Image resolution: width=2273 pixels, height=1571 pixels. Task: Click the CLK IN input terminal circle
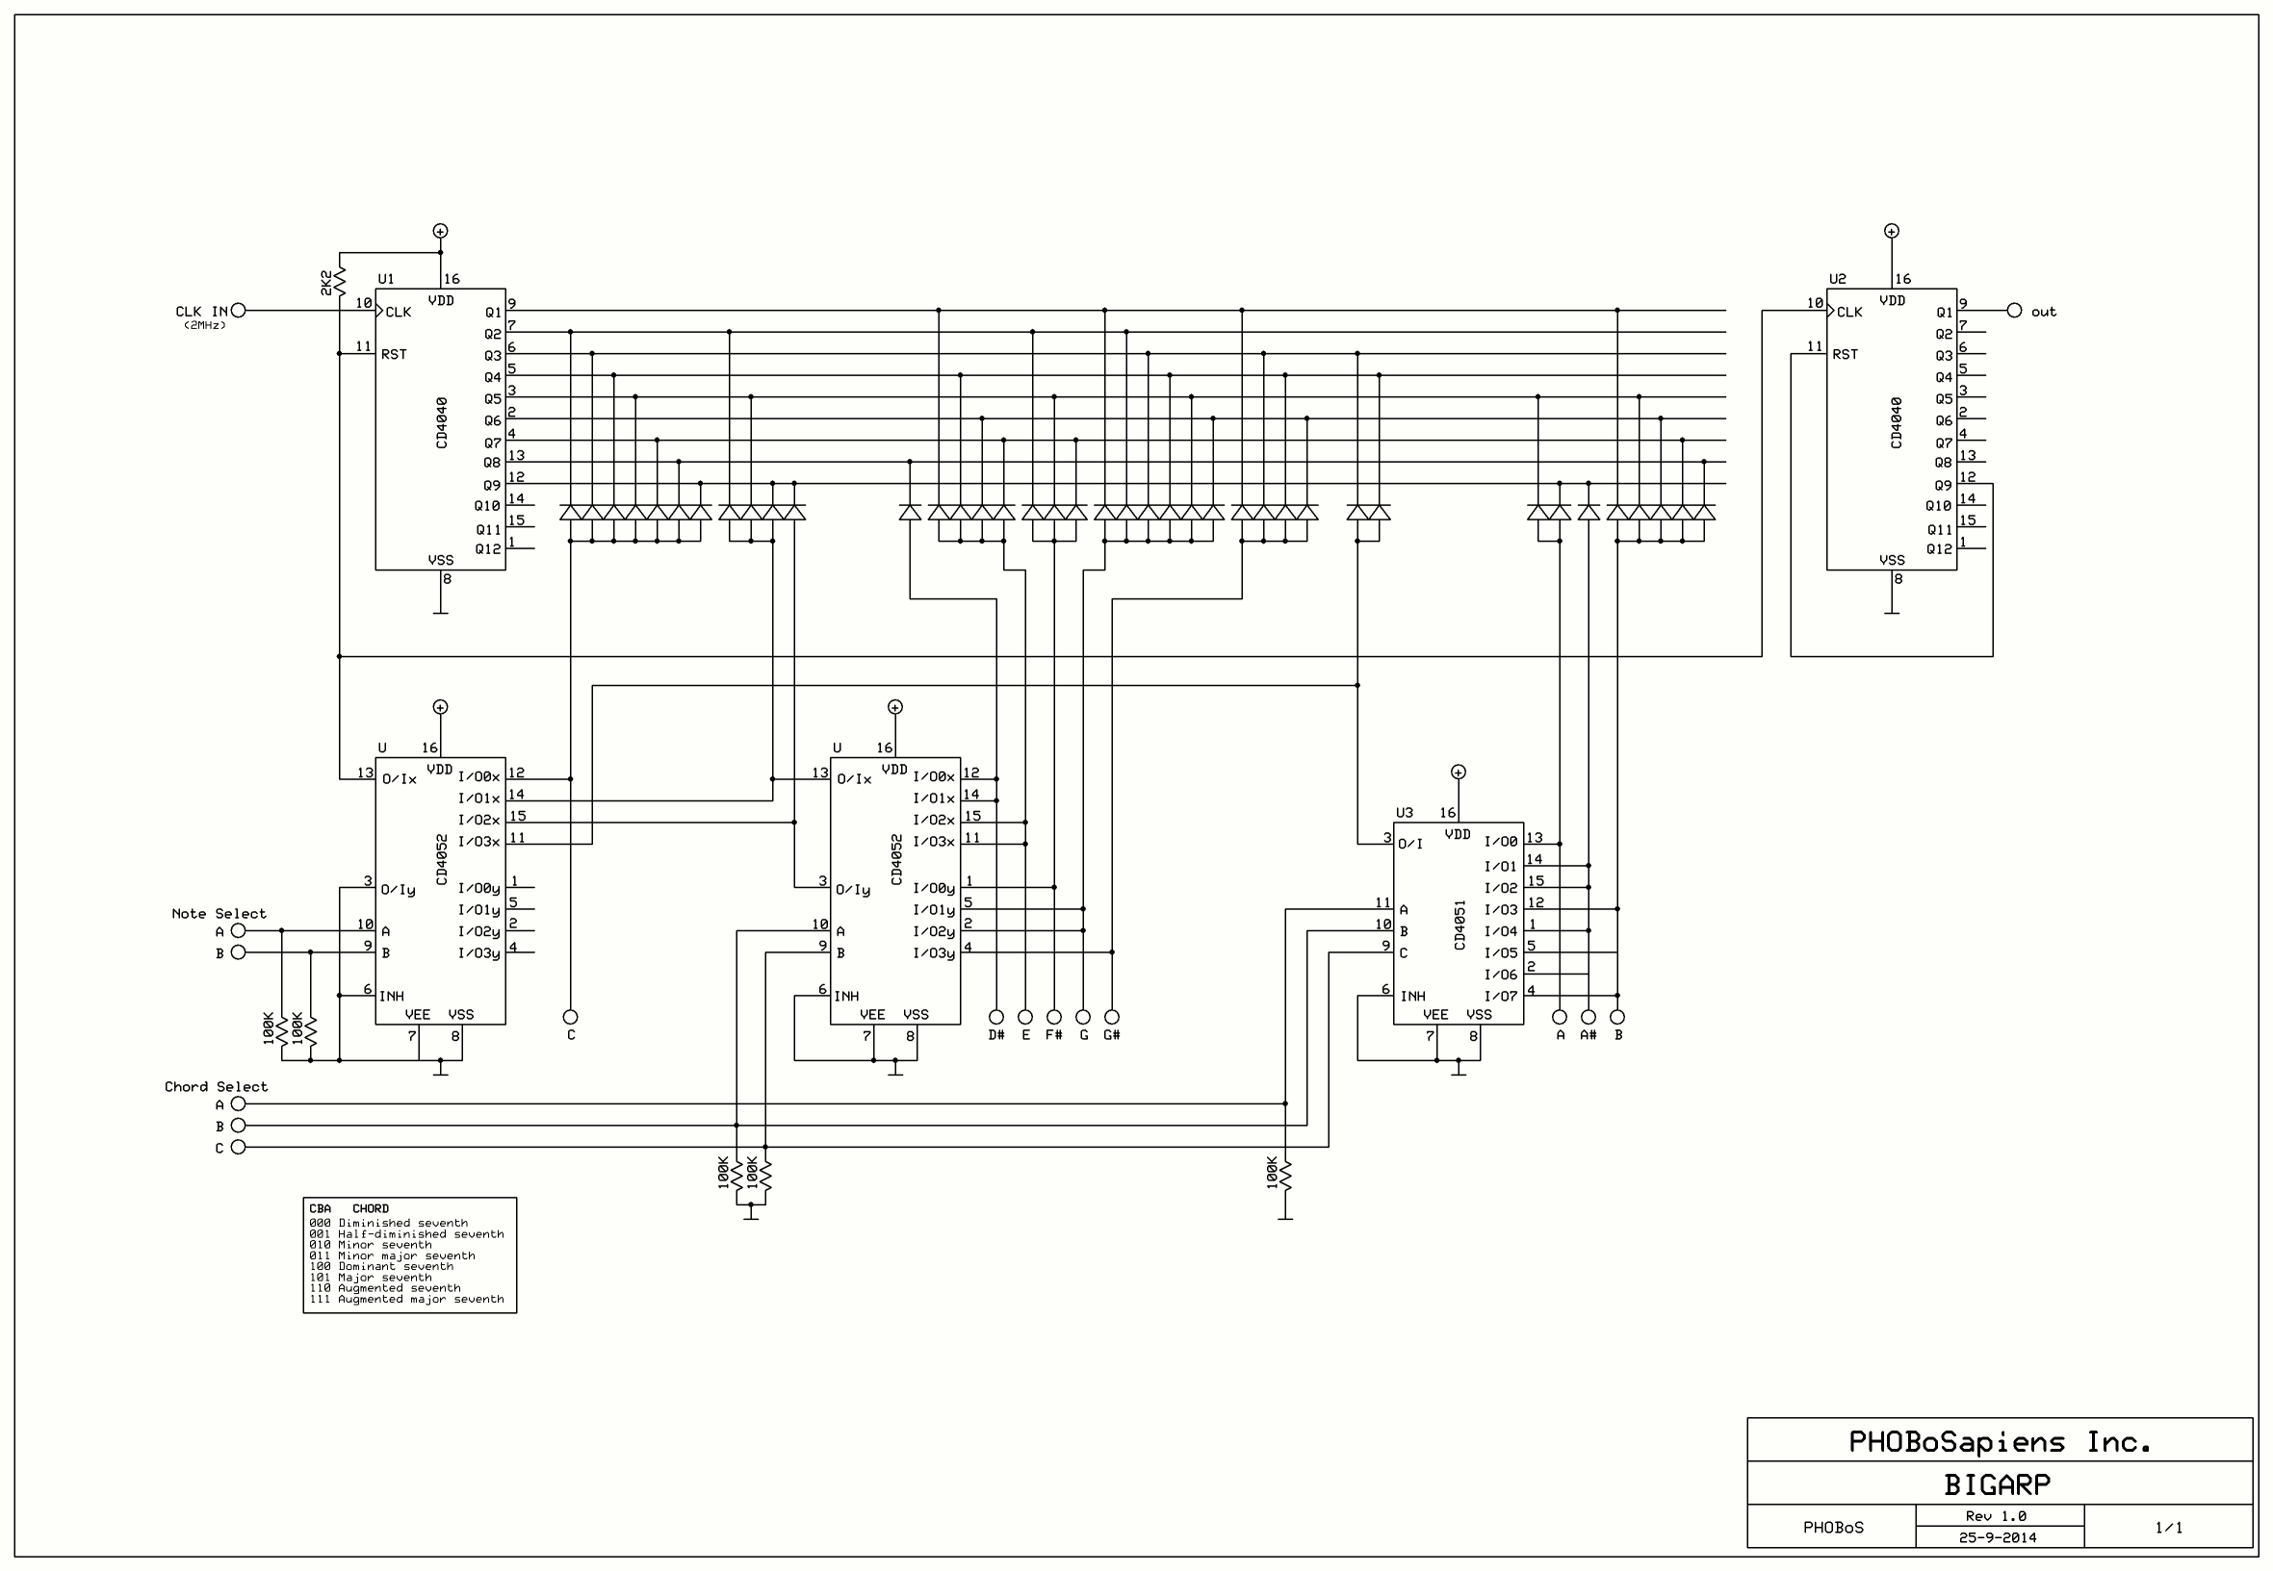tap(239, 310)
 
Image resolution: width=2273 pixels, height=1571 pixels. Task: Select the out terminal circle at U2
tap(2014, 310)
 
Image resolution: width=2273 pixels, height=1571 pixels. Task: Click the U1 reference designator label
tap(386, 279)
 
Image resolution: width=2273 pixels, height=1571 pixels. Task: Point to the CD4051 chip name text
tap(1459, 925)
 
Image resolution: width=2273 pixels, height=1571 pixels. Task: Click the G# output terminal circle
tap(1112, 1016)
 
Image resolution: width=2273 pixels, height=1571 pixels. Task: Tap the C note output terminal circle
tap(570, 1016)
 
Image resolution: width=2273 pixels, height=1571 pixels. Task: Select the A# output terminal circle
tap(1589, 1016)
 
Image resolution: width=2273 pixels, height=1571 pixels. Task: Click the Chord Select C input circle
tap(239, 1147)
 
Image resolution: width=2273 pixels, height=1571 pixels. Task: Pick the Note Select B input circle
tap(239, 951)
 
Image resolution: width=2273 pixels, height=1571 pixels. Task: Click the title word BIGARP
tap(1998, 1483)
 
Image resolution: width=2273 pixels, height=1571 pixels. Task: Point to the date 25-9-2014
tap(1998, 1536)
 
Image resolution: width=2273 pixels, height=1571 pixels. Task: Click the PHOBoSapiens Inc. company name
tap(2000, 1442)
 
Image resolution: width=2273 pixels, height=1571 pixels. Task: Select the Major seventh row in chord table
tap(371, 1277)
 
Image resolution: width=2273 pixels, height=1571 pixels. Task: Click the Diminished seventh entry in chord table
tap(388, 1223)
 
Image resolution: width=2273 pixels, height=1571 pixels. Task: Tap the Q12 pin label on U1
tap(488, 549)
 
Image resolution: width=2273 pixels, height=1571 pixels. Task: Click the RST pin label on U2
tap(1845, 353)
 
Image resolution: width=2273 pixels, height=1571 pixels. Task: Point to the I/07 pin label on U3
tap(1501, 996)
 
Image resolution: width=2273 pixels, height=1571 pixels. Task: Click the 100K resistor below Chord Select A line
tap(1285, 1175)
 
